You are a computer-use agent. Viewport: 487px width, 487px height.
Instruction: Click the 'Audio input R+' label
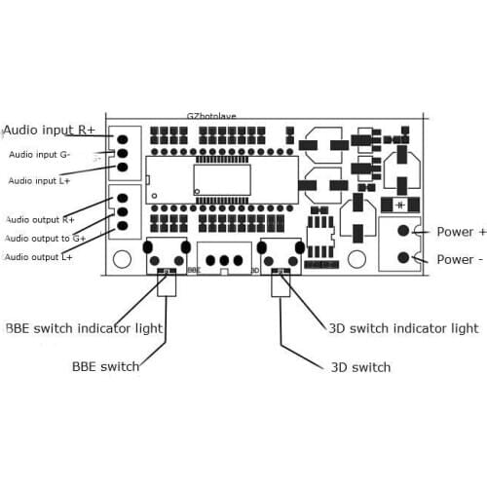[x=49, y=130]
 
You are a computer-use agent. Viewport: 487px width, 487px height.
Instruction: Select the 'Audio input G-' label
[x=40, y=154]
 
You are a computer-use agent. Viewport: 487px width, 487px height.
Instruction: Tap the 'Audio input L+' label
[x=40, y=180]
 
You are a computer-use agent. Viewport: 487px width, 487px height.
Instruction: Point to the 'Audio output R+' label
[x=40, y=219]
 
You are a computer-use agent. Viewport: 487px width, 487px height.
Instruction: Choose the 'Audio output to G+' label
[x=45, y=238]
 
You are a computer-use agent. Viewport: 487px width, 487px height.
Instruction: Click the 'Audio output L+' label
[x=40, y=256]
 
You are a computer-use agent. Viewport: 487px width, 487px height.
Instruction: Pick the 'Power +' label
[x=461, y=232]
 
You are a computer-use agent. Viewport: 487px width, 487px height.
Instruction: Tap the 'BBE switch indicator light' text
[x=84, y=328]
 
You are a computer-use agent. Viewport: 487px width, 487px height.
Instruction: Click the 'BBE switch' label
[x=105, y=367]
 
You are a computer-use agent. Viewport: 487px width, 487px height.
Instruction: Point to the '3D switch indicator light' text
[x=403, y=328]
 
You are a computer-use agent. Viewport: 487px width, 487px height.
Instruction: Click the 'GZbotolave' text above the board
[x=211, y=116]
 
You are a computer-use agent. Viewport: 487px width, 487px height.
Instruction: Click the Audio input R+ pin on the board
[x=124, y=138]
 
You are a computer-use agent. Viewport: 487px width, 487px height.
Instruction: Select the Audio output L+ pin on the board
[x=124, y=226]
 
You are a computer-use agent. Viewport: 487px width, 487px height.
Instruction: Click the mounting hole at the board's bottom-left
[x=122, y=259]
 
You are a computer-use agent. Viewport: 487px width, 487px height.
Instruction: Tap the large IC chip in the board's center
[x=221, y=178]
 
